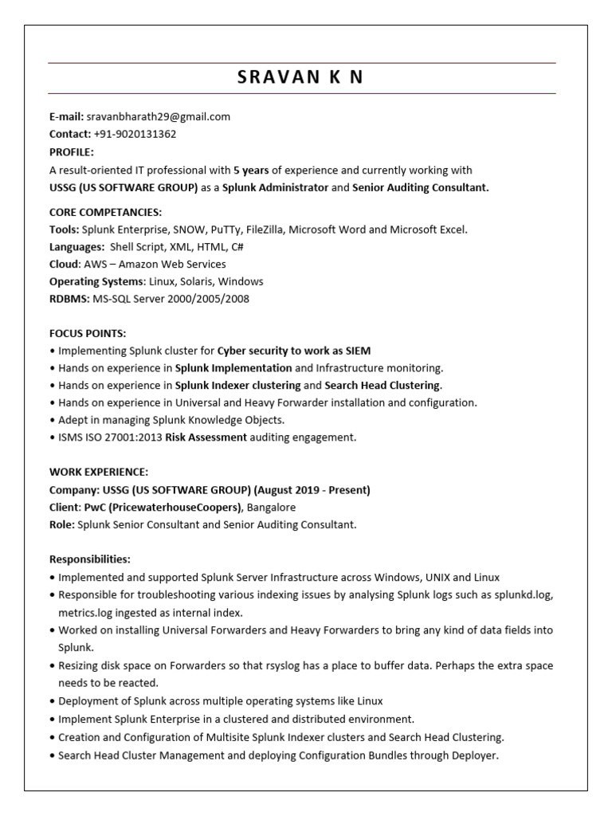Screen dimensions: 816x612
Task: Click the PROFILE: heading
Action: [72, 151]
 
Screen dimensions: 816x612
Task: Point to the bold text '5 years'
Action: [251, 170]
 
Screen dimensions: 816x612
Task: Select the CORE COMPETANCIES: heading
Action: [105, 212]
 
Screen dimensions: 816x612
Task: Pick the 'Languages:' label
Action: [76, 247]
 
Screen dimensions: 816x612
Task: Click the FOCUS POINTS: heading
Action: [88, 333]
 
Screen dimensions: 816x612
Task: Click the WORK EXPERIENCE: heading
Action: [99, 472]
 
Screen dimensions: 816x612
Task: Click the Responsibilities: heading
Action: [90, 559]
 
